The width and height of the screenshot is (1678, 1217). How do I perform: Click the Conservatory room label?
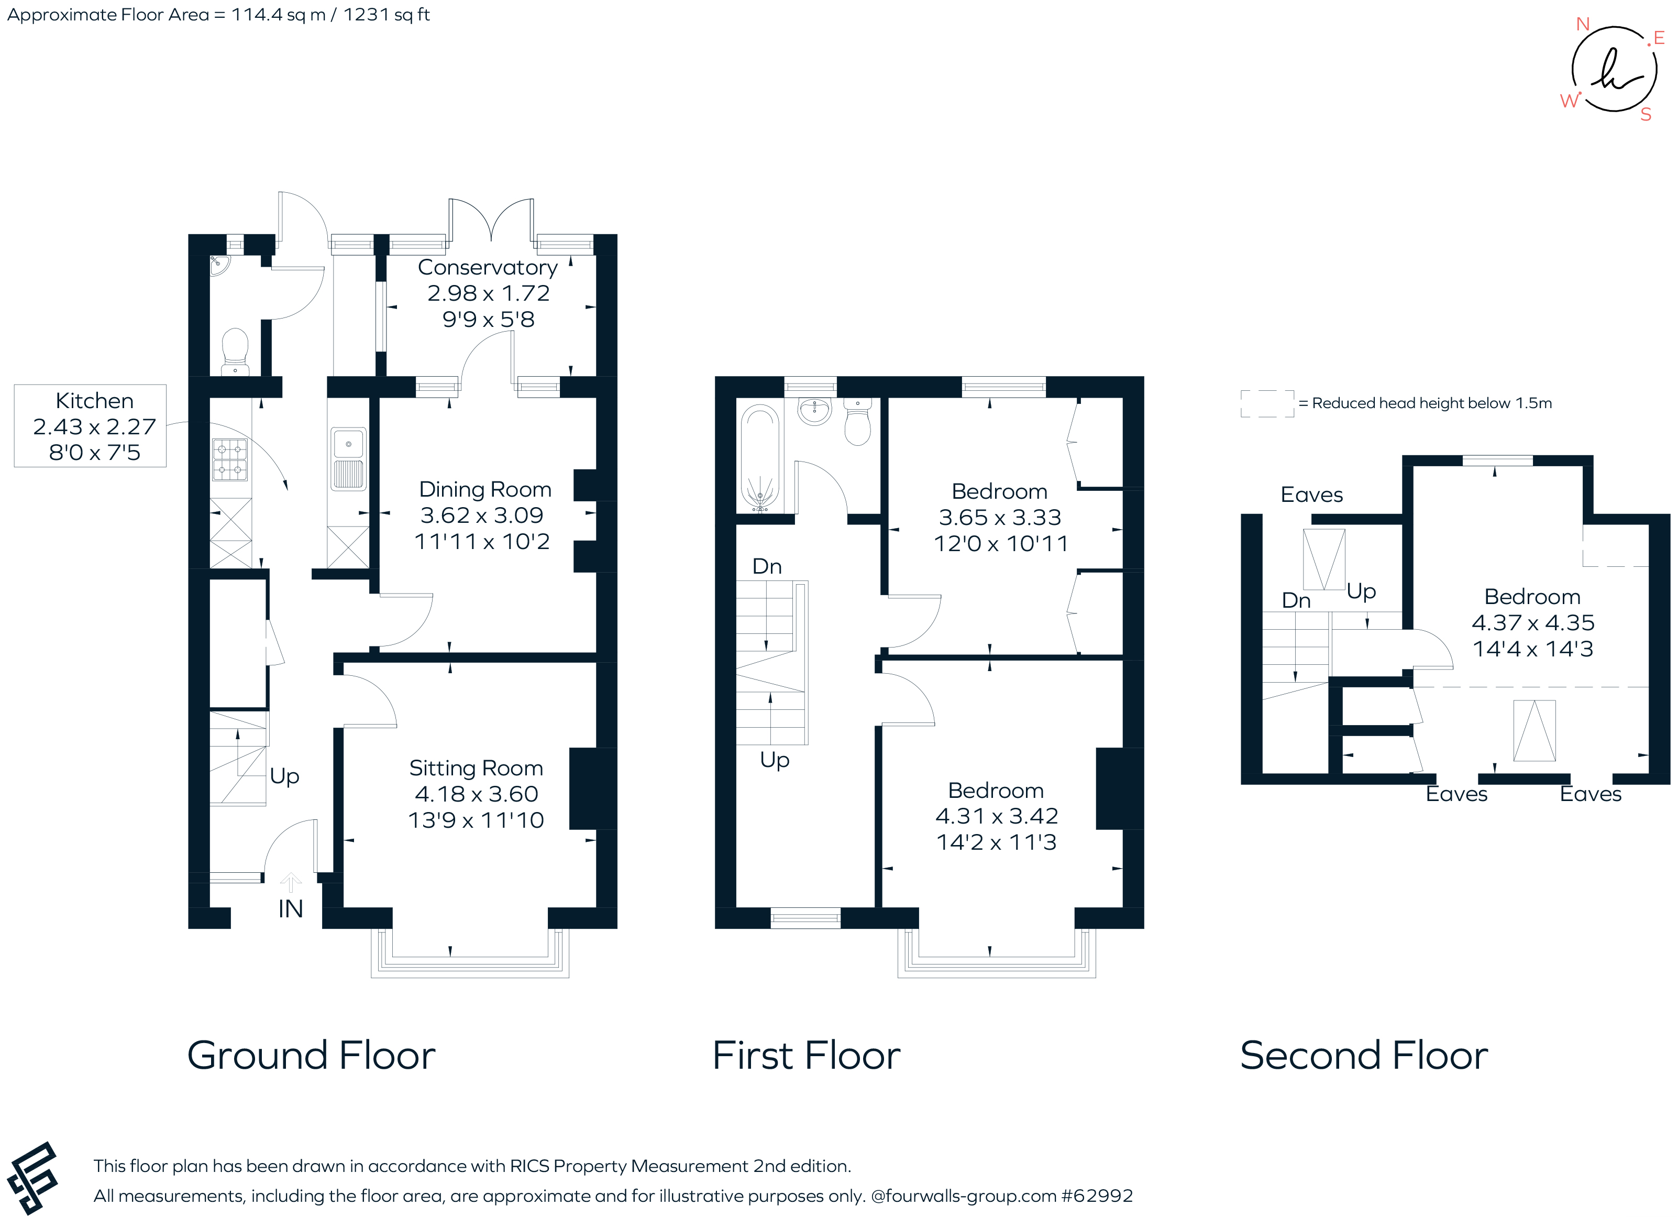[487, 267]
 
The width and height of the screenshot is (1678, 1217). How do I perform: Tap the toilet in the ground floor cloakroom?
[235, 351]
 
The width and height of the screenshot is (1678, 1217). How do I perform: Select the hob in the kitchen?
[230, 459]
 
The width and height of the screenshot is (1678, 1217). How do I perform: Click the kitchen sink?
[348, 444]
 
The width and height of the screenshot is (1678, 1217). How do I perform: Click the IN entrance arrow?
[291, 882]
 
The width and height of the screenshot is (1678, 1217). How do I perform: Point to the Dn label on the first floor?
[767, 566]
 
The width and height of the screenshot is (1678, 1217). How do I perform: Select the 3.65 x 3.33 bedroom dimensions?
[1000, 518]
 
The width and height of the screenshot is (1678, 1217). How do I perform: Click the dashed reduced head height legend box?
[1267, 403]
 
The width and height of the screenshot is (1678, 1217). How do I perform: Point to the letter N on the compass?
[1583, 25]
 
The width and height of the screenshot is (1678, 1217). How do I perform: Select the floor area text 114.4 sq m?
[278, 15]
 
